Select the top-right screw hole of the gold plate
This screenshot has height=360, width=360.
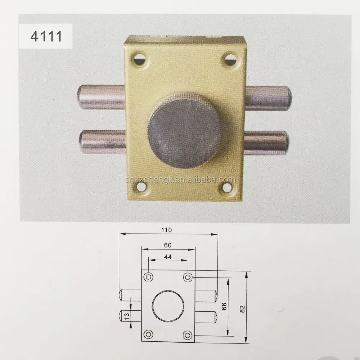point(229,59)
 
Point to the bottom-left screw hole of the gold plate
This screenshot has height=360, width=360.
point(141,186)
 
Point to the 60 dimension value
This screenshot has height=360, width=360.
point(167,245)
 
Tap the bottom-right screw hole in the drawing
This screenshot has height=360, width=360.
point(186,334)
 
